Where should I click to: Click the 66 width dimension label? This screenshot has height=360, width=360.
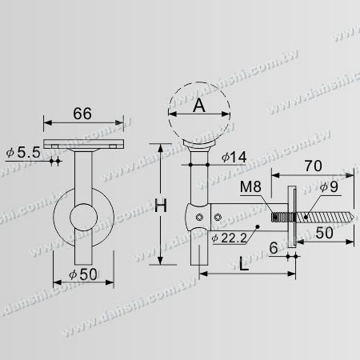tap(82, 114)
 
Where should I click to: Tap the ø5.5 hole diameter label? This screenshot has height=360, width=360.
tap(23, 153)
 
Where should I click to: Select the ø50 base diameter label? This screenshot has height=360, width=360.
tap(83, 274)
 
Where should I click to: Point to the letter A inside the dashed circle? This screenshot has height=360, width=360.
tap(199, 106)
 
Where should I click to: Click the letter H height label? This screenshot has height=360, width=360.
tap(161, 206)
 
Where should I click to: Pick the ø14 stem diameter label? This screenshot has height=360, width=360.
tap(234, 158)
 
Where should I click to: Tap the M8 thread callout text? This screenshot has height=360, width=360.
tap(250, 186)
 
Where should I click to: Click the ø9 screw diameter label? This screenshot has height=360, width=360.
tap(329, 186)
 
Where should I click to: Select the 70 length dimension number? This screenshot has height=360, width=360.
tap(314, 166)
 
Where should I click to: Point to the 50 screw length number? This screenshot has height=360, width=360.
tap(324, 233)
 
